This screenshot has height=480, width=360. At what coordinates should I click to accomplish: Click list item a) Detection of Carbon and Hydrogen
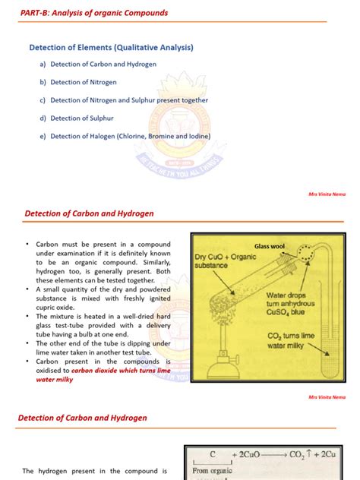(x=98, y=65)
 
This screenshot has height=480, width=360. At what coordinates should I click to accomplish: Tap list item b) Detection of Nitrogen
(x=80, y=82)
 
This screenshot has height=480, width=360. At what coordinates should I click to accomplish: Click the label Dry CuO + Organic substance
(x=224, y=262)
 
